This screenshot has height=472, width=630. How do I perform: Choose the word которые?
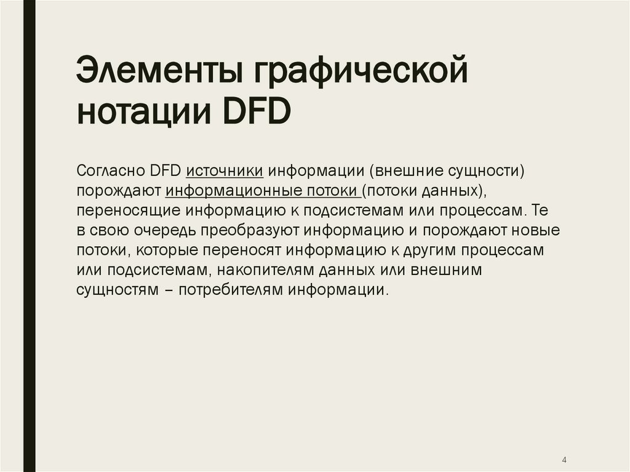[x=169, y=250]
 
